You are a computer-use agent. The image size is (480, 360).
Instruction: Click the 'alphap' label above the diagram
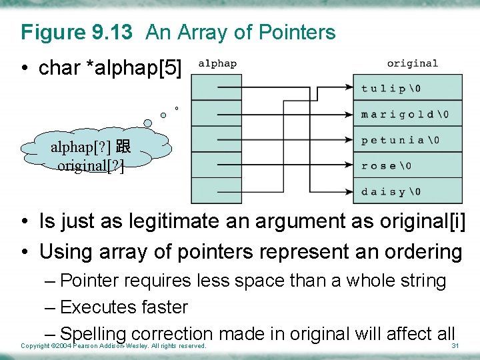click(217, 64)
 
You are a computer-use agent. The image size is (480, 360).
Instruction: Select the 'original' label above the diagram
click(412, 64)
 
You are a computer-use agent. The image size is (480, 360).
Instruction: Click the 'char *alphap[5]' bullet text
click(110, 67)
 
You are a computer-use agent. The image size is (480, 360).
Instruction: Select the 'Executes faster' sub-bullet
click(123, 307)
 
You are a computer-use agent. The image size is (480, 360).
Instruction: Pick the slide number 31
click(456, 346)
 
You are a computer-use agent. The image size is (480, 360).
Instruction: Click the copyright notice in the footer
click(113, 346)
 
